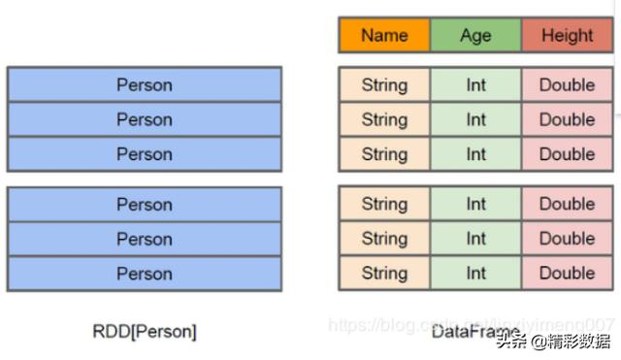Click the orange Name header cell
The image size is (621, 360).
coord(384,36)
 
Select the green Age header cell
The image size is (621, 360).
coord(475,36)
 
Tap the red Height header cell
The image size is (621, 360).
coord(568,36)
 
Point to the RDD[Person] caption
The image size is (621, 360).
coord(145,331)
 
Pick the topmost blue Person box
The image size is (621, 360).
coord(145,84)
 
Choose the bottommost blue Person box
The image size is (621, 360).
coord(145,274)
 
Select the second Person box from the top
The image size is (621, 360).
coord(145,119)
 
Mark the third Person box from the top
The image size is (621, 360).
coord(145,153)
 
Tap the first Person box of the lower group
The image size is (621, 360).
coord(145,205)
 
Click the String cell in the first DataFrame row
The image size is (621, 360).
coord(384,84)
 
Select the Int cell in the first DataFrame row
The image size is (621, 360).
coord(475,84)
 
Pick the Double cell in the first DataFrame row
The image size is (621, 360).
coord(568,84)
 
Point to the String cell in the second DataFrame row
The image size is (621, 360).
coord(384,119)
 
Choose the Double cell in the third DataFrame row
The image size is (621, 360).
coord(568,153)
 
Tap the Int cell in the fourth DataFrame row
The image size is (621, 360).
coord(475,204)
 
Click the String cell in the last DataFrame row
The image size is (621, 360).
coord(384,273)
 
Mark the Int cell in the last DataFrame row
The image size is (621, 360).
coord(475,273)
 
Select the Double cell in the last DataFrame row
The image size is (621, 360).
coord(568,273)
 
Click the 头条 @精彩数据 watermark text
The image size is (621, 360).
coord(555,341)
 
